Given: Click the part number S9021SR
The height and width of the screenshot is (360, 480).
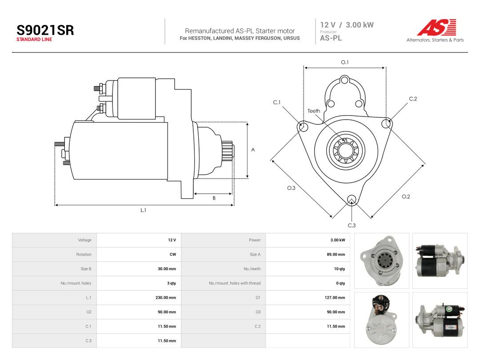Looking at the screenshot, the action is click(x=45, y=30).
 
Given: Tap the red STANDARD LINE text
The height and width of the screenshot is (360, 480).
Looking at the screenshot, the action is click(x=34, y=40).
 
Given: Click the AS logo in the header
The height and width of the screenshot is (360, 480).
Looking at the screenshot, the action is click(x=437, y=28).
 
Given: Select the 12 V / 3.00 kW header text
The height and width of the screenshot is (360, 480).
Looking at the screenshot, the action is click(x=347, y=25).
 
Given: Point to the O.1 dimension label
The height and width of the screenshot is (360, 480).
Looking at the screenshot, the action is click(x=345, y=62).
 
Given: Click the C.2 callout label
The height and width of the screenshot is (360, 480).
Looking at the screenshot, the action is click(x=413, y=99).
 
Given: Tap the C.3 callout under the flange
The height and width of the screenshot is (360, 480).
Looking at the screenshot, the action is click(x=352, y=225).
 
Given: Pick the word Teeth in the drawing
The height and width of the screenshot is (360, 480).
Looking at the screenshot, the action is click(x=314, y=111).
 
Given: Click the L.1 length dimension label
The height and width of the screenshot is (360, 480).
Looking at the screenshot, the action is click(x=143, y=210).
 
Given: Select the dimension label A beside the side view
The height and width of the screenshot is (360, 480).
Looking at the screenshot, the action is click(x=253, y=150).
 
